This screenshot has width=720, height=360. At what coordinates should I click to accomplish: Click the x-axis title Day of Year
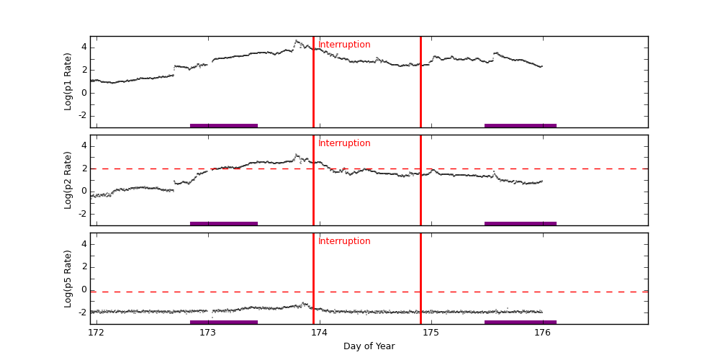coord(369,346)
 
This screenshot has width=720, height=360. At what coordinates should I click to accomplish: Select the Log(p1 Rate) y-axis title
coord(68,81)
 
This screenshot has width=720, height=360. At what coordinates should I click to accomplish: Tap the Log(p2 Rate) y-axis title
coord(68,180)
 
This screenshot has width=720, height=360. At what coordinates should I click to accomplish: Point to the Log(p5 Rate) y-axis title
coord(68,279)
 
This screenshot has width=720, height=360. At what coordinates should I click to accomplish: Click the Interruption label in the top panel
coord(344,45)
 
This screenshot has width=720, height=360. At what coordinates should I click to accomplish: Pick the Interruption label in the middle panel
coord(344,143)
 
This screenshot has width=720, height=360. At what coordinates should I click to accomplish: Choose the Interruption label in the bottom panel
coord(344,241)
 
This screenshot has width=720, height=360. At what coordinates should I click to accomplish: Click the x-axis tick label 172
coord(96,333)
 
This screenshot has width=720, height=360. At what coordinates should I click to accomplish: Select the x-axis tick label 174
coord(319,333)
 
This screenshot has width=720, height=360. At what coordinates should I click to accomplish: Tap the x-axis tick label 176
coord(542,333)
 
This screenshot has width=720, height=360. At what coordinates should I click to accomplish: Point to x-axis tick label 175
coord(431,333)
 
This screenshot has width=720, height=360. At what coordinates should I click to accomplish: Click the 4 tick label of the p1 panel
coord(84,48)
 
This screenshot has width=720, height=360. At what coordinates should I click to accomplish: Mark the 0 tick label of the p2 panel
coord(84,191)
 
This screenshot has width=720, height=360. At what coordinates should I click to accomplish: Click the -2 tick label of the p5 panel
coord(81,312)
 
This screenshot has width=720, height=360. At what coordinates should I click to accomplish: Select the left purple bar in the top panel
coord(223,125)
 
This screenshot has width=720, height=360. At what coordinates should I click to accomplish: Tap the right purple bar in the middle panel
coord(520,223)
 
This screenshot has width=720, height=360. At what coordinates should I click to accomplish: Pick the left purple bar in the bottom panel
coord(223,322)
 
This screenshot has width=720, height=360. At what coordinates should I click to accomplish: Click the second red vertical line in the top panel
coord(420,86)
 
